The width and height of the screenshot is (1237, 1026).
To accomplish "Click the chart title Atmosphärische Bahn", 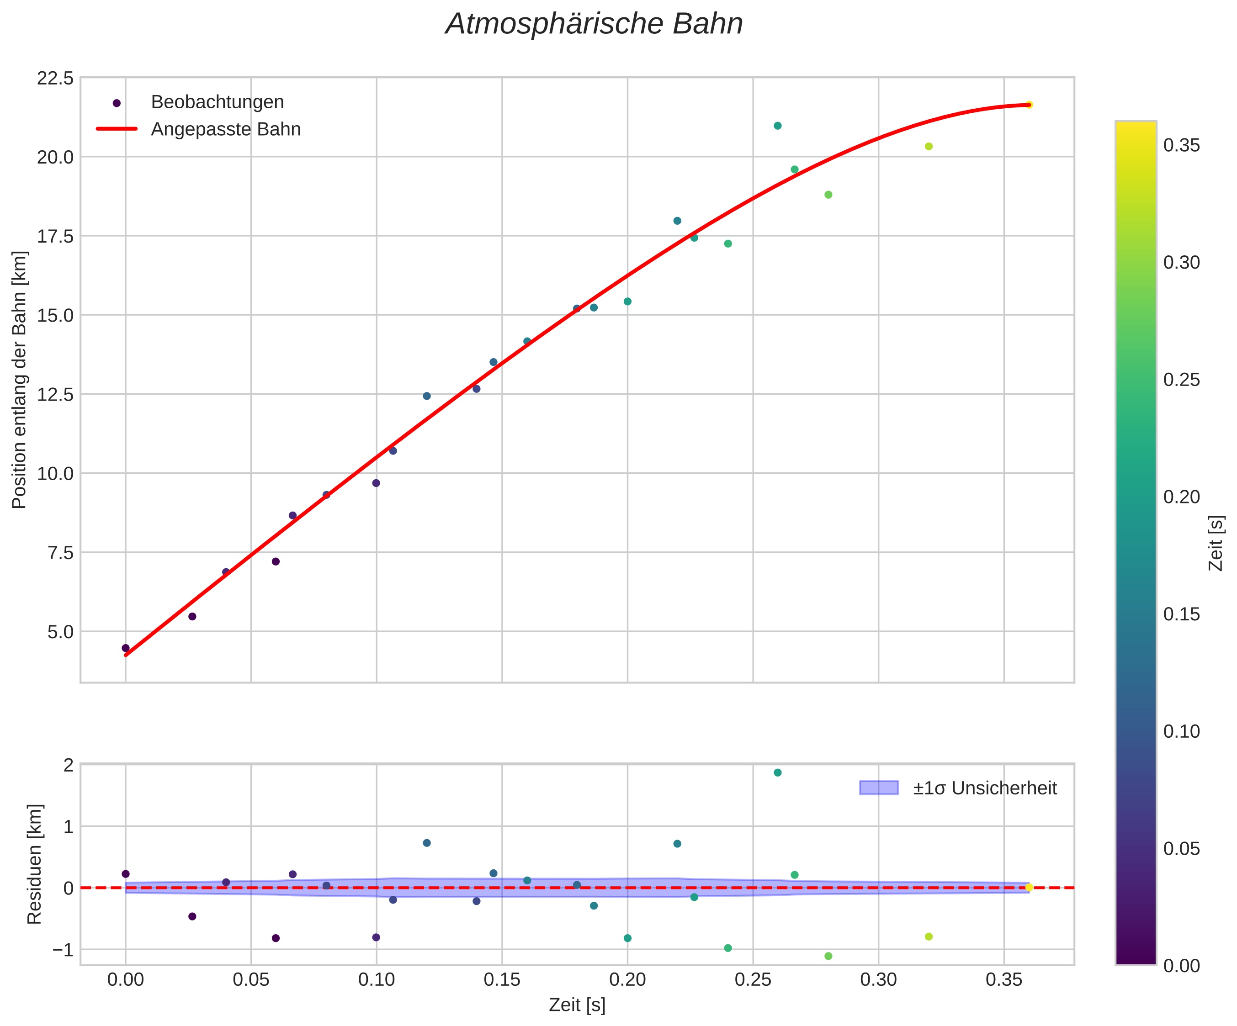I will pyautogui.click(x=594, y=25).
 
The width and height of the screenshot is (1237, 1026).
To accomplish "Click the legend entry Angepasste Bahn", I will pyautogui.click(x=226, y=130).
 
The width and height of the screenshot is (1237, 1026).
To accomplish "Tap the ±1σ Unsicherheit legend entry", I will pyautogui.click(x=985, y=788).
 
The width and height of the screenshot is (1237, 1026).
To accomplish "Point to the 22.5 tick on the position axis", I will pyautogui.click(x=55, y=78).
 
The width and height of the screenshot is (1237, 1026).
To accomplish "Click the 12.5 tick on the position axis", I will pyautogui.click(x=55, y=394).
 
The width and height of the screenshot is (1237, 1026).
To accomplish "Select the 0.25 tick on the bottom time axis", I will pyautogui.click(x=753, y=980).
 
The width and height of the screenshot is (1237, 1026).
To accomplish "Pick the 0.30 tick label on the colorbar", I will pyautogui.click(x=1182, y=263).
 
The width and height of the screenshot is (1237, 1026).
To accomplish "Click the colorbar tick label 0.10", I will pyautogui.click(x=1182, y=731).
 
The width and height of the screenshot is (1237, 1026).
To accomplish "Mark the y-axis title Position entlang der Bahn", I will pyautogui.click(x=20, y=380).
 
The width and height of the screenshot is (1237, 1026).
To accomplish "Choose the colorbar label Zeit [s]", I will pyautogui.click(x=1216, y=543).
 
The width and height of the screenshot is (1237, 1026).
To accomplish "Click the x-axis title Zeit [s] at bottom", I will pyautogui.click(x=577, y=1005).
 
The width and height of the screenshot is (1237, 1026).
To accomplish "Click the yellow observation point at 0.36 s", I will pyautogui.click(x=1029, y=105).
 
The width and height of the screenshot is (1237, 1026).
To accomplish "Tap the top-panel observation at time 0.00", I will pyautogui.click(x=126, y=648).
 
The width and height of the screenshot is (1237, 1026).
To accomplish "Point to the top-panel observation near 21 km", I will pyautogui.click(x=778, y=126).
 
